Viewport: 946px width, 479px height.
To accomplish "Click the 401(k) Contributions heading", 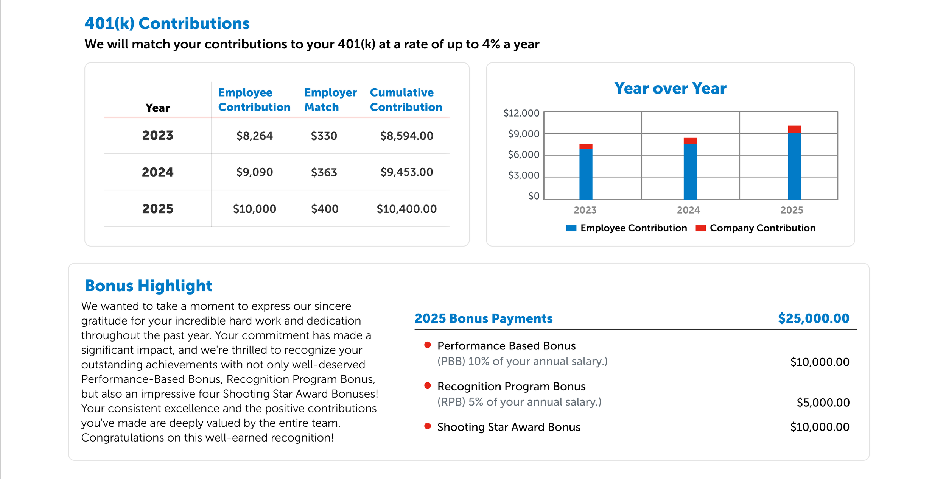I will [167, 23].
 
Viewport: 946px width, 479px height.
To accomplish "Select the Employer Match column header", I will [330, 100].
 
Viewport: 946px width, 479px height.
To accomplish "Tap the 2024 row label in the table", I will [157, 172].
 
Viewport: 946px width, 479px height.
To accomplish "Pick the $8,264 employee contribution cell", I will [254, 136].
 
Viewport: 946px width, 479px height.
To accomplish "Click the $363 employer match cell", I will [324, 172].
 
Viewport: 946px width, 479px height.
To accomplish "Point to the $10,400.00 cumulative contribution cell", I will [406, 209].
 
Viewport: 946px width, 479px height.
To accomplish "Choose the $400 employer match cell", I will [324, 209].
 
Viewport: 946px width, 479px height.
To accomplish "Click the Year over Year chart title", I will [670, 88].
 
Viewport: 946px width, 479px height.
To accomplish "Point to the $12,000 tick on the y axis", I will [521, 113].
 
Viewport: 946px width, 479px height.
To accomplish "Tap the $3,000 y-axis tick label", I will [523, 175].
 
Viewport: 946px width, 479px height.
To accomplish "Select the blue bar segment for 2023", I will [585, 174].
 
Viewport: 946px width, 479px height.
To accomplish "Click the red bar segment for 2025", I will [794, 129].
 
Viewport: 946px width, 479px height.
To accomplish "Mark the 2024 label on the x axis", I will [688, 210].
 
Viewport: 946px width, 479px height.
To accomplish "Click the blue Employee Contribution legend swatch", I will [571, 228].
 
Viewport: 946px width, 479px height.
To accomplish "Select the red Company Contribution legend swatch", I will [700, 228].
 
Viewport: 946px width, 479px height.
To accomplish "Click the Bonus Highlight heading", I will [148, 286].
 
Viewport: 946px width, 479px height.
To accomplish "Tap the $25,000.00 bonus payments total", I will [813, 318].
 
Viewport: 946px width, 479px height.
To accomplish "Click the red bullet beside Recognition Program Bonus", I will [428, 385].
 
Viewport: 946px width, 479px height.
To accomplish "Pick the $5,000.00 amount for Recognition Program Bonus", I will [823, 402].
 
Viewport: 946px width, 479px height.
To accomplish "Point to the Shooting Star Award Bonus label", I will [509, 427].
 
